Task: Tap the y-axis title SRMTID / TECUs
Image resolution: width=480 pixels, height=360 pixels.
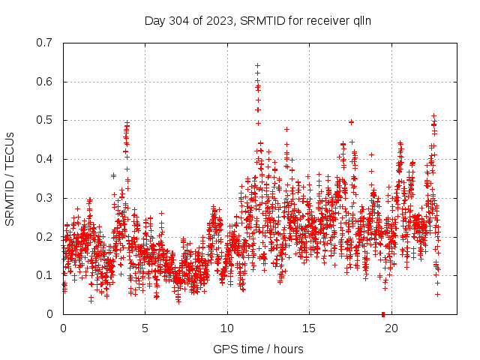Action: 10,178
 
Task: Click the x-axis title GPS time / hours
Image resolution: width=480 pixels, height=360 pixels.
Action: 258,349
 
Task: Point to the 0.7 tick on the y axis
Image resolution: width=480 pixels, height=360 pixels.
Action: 45,43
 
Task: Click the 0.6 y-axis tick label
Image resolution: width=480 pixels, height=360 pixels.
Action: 45,82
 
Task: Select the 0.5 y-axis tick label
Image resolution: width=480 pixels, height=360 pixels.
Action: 45,120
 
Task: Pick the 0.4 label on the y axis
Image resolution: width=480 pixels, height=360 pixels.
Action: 45,159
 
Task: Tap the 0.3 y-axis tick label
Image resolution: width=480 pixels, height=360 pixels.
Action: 45,198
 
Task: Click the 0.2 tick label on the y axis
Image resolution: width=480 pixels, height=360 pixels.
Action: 45,236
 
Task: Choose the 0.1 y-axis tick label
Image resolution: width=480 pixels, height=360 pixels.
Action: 45,275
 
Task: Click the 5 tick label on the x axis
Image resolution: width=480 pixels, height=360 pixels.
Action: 145,328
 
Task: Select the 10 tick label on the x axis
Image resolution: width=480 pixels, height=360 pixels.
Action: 227,328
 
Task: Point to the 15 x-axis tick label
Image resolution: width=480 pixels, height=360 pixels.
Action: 309,328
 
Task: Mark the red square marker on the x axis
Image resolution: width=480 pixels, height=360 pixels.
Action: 383,313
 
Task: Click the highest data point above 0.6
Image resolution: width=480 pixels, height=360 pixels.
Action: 257,65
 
